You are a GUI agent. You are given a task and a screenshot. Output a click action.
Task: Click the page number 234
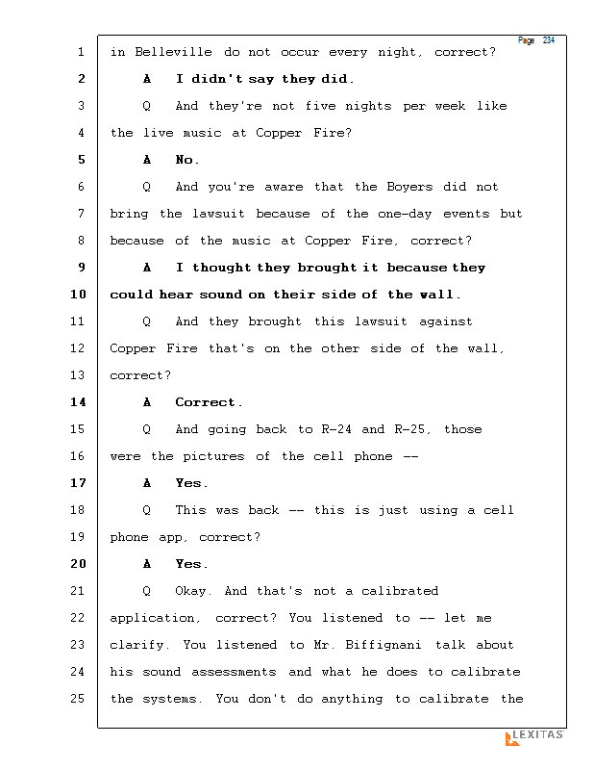tap(549, 40)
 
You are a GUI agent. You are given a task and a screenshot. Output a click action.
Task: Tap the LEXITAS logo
tap(534, 737)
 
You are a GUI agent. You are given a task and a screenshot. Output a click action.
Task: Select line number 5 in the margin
tap(81, 160)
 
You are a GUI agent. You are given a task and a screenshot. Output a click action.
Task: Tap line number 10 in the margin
tap(78, 295)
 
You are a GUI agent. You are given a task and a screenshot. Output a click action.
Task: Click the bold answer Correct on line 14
tap(208, 402)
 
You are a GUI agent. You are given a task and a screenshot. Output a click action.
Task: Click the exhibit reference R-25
tap(413, 429)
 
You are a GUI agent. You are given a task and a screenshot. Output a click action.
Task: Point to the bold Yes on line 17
tap(190, 483)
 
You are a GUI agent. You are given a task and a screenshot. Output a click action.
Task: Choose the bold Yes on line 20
tap(190, 564)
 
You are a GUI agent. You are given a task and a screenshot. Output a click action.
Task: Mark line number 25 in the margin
tap(78, 699)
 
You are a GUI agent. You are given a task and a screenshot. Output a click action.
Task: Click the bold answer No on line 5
tap(186, 160)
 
